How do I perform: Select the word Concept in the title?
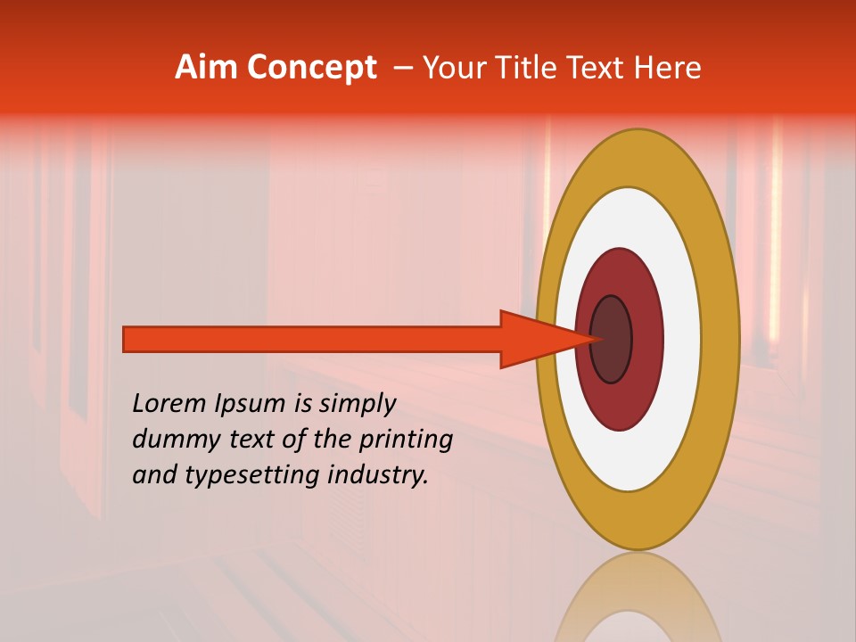pos(311,69)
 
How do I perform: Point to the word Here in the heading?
pos(668,68)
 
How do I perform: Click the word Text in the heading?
pos(600,68)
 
